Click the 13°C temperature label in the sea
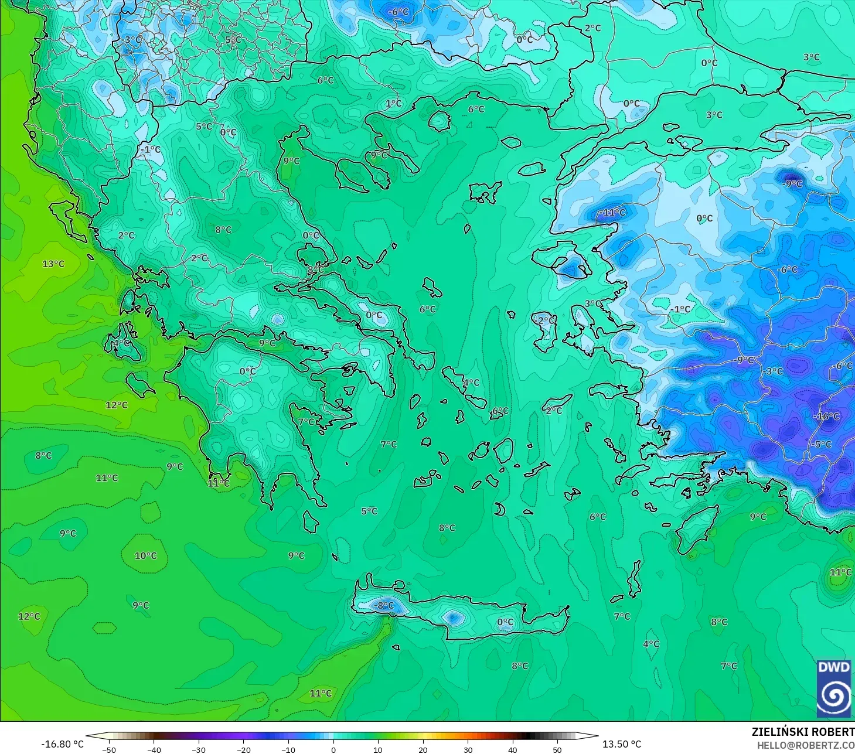[x=53, y=264]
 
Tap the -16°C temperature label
[x=826, y=416]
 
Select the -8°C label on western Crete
[x=384, y=605]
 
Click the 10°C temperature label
[x=145, y=555]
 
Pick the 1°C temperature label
[x=394, y=103]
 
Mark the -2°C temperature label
[x=544, y=320]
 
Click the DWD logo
[x=833, y=688]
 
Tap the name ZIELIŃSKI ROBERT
[x=803, y=732]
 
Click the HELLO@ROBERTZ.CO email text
[x=805, y=745]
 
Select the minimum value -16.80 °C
[x=62, y=744]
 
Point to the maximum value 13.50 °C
[x=622, y=744]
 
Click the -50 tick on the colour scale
[x=109, y=749]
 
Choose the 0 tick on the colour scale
[x=333, y=749]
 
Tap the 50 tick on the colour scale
[x=557, y=749]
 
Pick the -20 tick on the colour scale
[x=243, y=749]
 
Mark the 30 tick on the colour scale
[x=467, y=749]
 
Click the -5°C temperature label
[x=822, y=444]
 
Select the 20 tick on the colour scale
[x=423, y=749]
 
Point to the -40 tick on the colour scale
[x=154, y=749]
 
